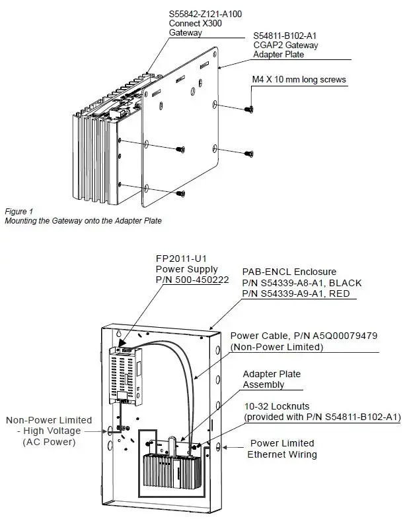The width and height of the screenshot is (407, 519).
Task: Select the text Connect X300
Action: coord(196,22)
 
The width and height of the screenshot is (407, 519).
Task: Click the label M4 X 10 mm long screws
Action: coord(299,80)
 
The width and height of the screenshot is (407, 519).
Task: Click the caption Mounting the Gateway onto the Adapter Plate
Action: coord(83,221)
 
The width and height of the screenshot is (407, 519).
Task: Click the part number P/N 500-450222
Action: coord(192,280)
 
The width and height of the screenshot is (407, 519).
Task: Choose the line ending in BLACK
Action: coord(301,283)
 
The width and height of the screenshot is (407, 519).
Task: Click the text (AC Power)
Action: coord(50,442)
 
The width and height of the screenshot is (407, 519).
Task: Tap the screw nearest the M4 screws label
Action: coord(249,107)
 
